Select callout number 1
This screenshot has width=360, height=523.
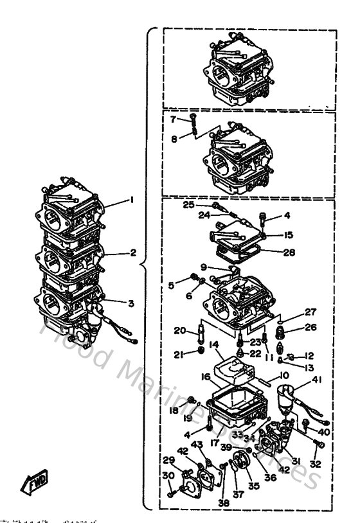coord(132,200)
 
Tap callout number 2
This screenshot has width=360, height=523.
coord(133,253)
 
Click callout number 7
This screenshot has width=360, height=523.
coord(173,119)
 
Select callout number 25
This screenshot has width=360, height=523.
coord(188,204)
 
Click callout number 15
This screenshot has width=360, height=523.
coord(289,235)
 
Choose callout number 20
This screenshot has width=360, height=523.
coord(180,331)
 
